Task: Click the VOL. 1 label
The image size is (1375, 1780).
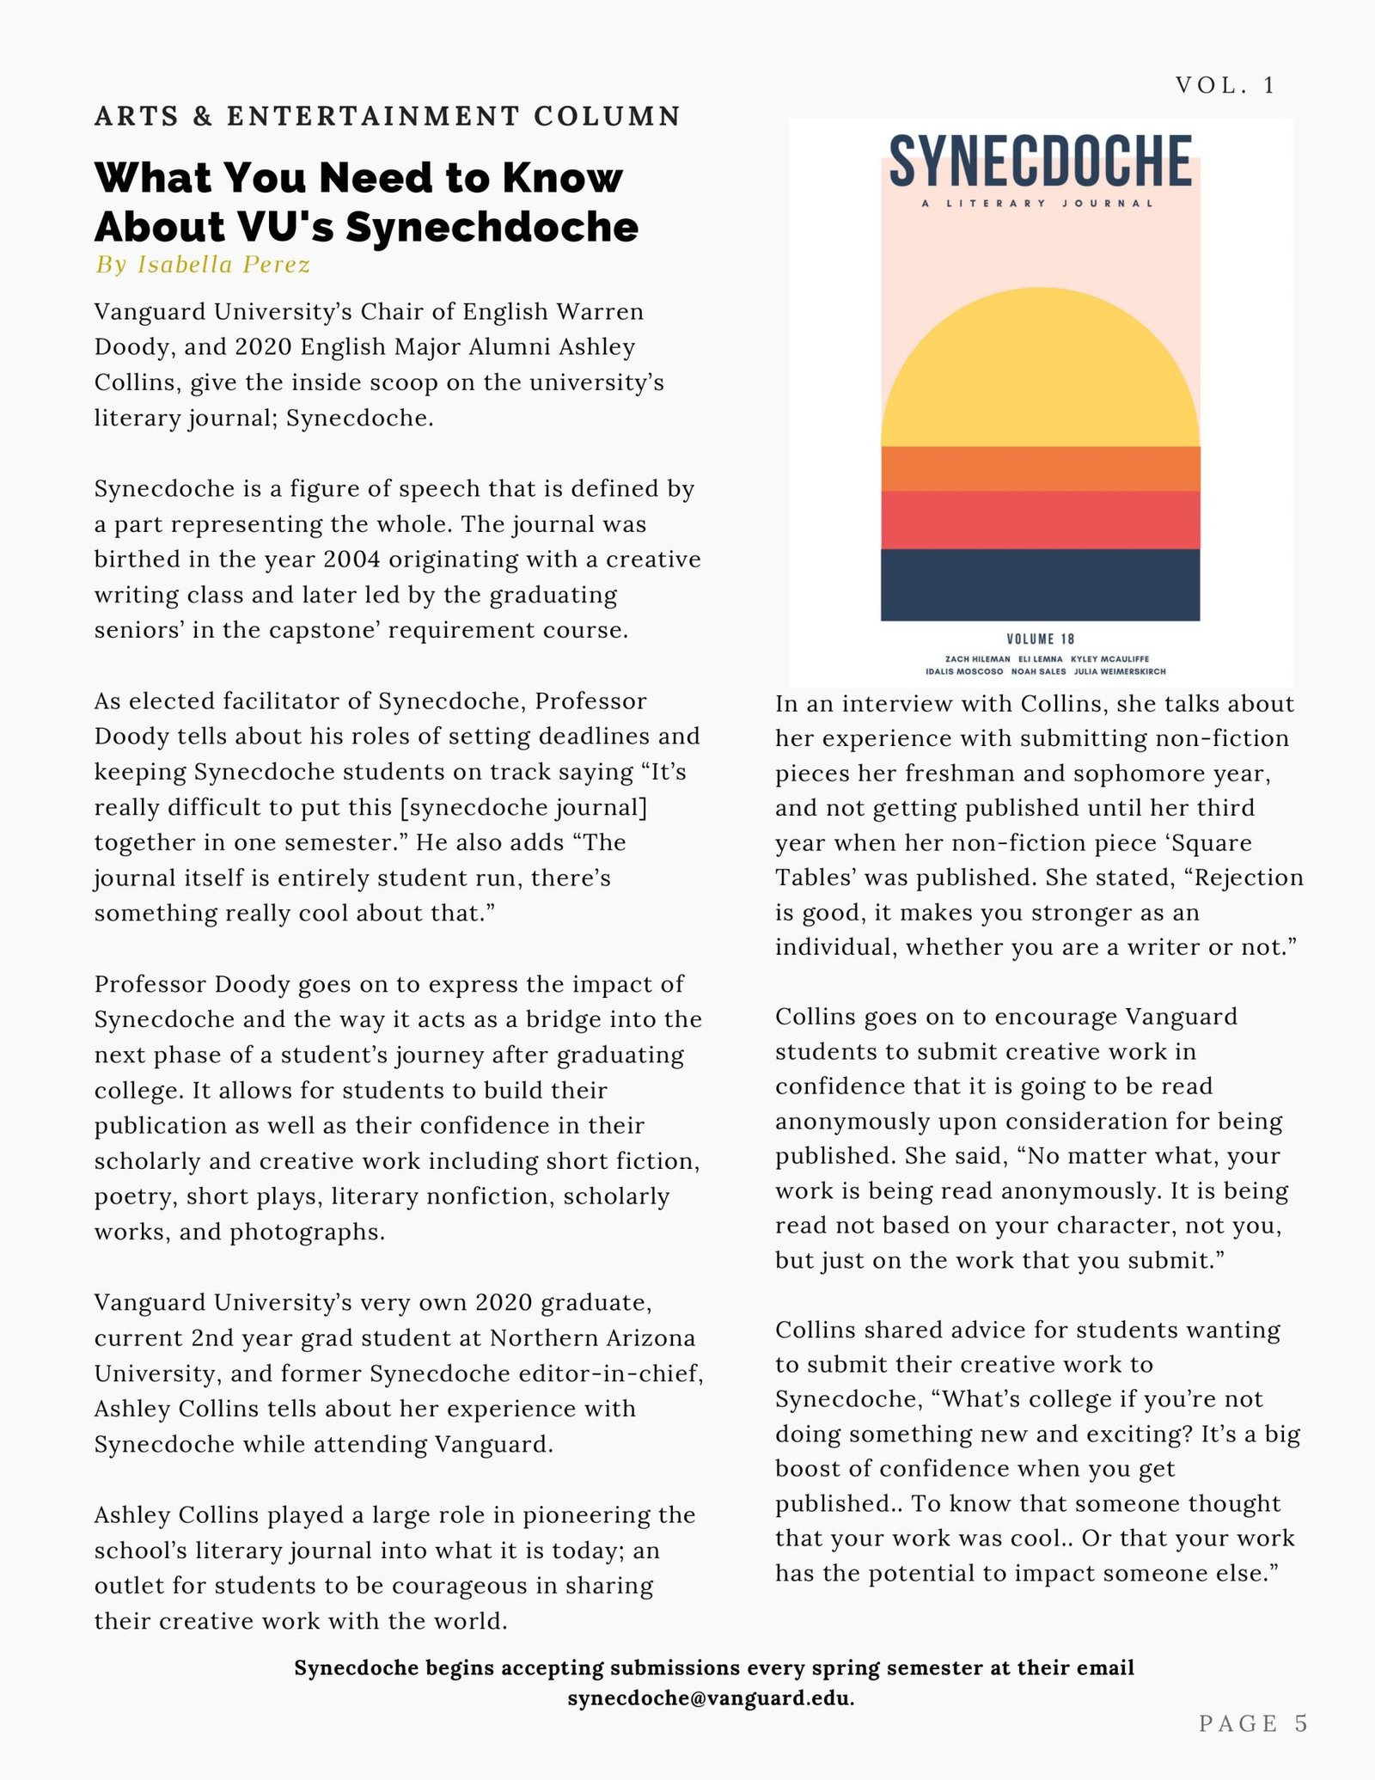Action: tap(1225, 85)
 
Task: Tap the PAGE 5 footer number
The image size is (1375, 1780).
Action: tap(1253, 1722)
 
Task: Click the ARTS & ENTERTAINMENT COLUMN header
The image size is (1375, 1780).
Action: tap(388, 115)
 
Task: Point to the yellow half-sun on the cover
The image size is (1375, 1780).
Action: tap(1040, 378)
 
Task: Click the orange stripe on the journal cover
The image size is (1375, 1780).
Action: tap(1040, 468)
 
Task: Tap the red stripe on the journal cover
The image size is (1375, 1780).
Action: tap(1040, 520)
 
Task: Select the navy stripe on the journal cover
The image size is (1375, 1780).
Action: tap(1040, 584)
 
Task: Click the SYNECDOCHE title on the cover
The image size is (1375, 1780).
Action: tap(1040, 161)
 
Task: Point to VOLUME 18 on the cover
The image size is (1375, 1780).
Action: tap(1040, 639)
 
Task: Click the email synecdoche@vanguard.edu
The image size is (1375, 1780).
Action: tap(710, 1698)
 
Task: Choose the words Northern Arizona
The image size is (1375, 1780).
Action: tap(593, 1337)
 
